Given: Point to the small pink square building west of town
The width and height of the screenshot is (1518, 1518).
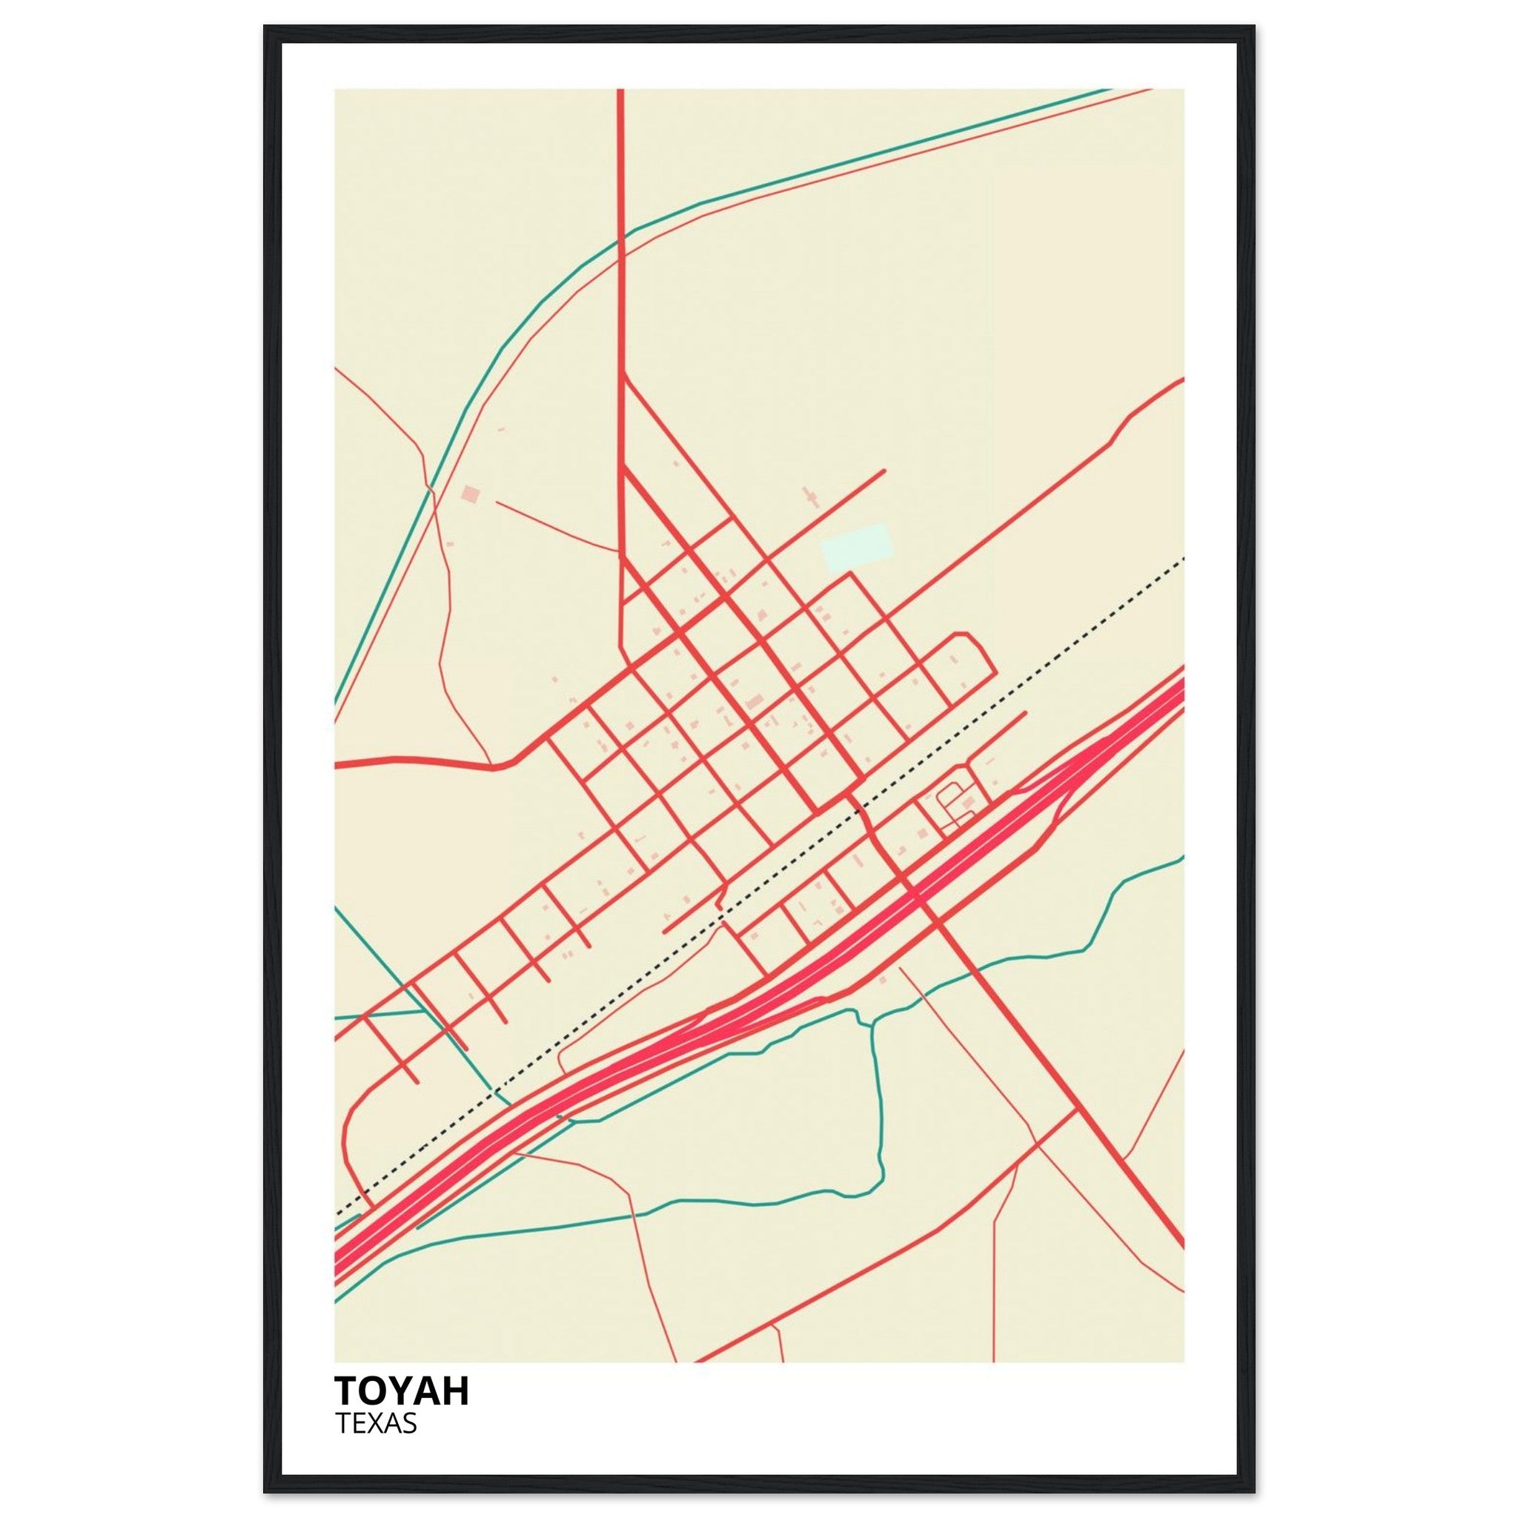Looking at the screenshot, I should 470,494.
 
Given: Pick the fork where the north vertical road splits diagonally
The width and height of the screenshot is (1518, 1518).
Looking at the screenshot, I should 623,377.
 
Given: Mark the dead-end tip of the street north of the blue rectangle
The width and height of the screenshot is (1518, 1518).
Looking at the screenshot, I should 884,471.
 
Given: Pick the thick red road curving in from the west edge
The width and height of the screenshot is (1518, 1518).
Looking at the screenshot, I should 424,760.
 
